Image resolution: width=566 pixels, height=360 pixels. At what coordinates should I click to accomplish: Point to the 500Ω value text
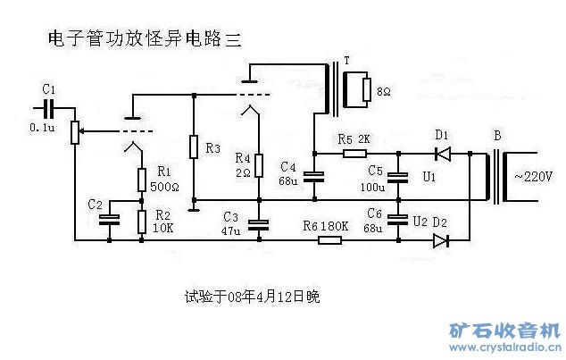point(164,188)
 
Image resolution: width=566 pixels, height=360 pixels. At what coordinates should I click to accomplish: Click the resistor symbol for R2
point(142,222)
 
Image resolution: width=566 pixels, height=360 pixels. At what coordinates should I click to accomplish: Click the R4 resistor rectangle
point(258,166)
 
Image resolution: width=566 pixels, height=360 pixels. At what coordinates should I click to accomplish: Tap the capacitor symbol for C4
point(314,176)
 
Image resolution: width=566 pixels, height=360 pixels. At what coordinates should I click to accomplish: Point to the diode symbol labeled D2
point(440,240)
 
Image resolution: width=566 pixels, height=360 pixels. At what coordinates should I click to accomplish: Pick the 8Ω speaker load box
point(367,90)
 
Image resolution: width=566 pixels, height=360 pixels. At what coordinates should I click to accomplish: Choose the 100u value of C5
point(372,188)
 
